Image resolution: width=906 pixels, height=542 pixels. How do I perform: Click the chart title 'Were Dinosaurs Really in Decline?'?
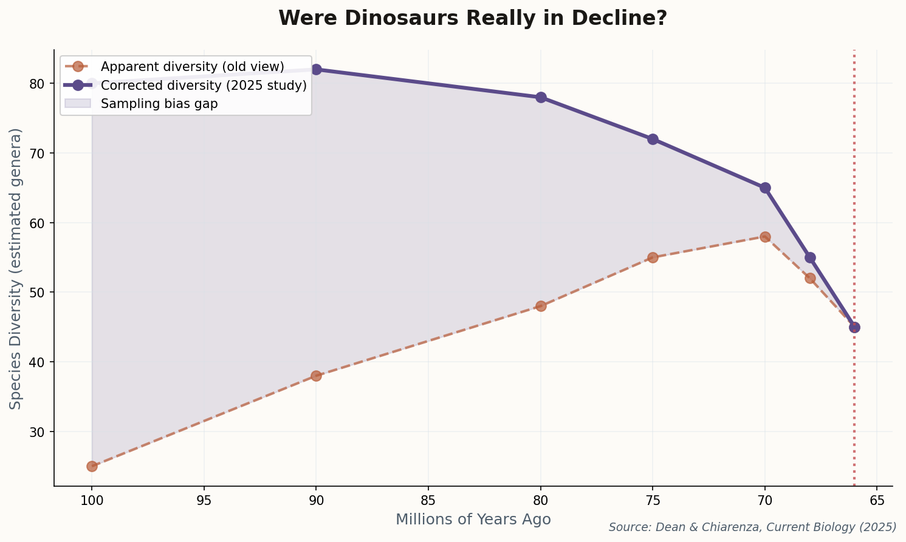click(x=472, y=18)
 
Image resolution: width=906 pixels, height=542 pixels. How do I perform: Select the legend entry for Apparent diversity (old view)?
click(x=192, y=66)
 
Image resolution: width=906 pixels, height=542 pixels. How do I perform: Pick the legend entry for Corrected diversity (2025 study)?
click(x=203, y=85)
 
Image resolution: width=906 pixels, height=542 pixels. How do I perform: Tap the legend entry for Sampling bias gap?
click(x=159, y=103)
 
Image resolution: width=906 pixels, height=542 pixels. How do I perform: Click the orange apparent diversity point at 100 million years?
click(x=92, y=466)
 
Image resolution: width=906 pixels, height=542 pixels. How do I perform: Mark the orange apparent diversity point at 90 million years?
click(x=316, y=376)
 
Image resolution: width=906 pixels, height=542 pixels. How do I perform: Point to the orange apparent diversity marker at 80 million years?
click(x=541, y=306)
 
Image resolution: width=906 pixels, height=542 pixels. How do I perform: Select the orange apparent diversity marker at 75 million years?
click(x=653, y=257)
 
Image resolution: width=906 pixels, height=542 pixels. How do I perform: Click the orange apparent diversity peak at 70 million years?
click(x=765, y=237)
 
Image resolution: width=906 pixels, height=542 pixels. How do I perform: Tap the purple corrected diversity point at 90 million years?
click(x=316, y=69)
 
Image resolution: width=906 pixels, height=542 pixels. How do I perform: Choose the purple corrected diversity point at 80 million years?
click(x=541, y=97)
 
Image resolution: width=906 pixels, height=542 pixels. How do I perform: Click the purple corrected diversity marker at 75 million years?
click(x=653, y=139)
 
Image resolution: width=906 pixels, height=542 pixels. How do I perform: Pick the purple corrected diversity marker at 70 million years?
click(x=765, y=188)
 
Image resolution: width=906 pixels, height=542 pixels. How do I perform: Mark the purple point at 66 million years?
click(x=854, y=327)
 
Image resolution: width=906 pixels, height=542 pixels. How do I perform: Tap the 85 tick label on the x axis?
click(x=428, y=501)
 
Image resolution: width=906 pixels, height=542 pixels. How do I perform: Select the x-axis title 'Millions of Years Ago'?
click(x=473, y=520)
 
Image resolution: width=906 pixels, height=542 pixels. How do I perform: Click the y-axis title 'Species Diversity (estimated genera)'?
click(x=16, y=268)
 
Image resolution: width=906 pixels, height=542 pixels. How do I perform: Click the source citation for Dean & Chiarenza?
click(x=752, y=527)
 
